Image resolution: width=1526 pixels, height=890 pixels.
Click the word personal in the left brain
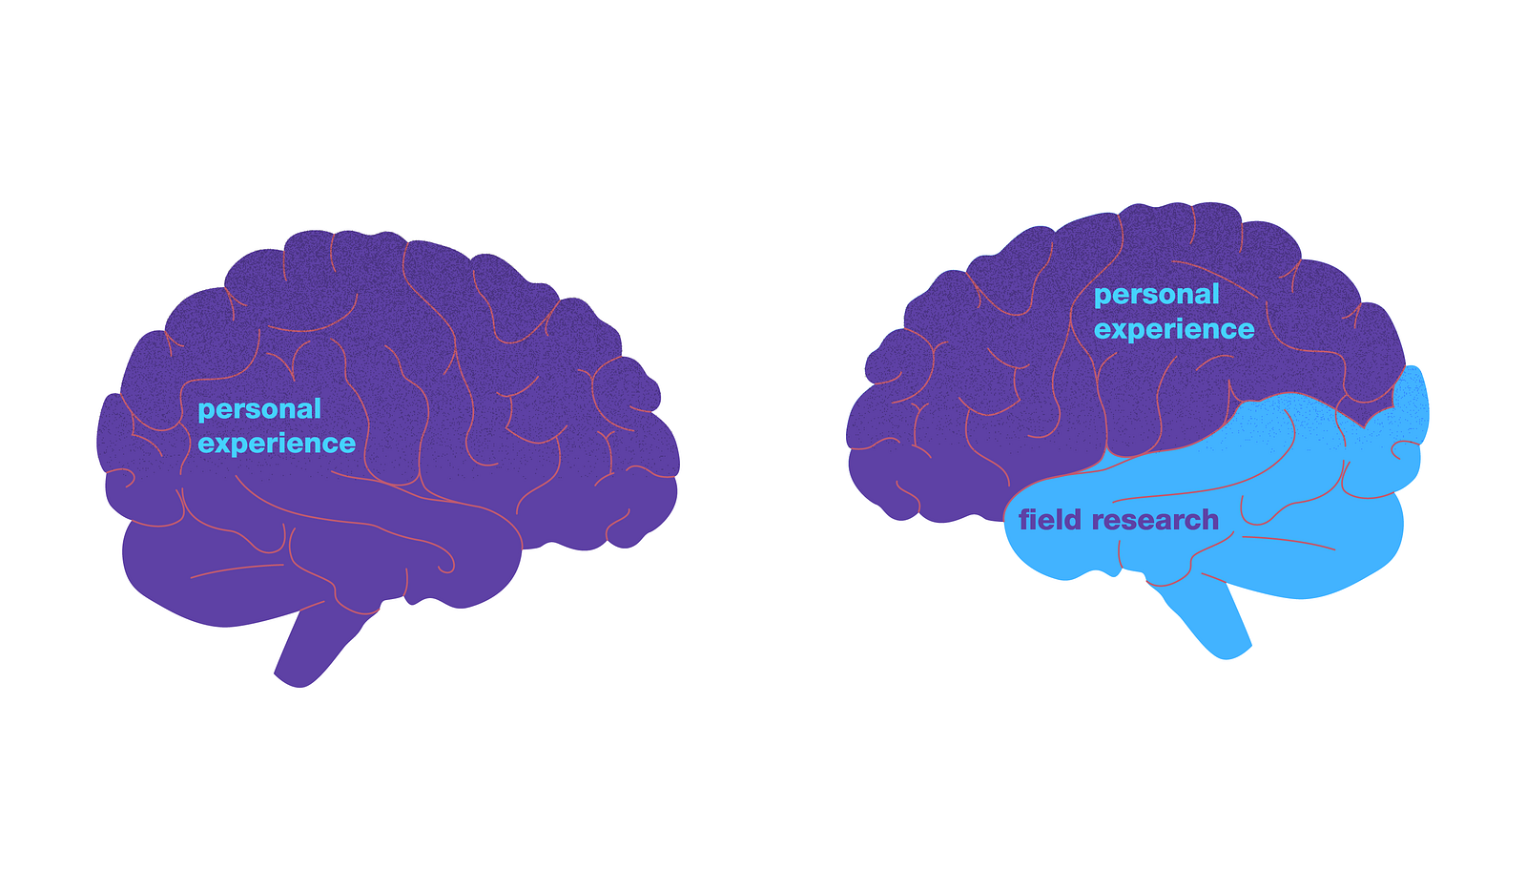tap(259, 409)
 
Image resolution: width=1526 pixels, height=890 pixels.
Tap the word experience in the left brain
tap(277, 444)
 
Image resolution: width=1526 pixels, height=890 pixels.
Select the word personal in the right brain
tap(1156, 295)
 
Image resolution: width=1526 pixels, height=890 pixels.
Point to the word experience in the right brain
tap(1174, 329)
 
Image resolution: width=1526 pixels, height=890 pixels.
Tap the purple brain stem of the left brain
tap(315, 649)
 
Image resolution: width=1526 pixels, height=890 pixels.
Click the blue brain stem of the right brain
tap(1206, 620)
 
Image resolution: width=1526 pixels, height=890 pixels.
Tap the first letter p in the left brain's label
tap(204, 411)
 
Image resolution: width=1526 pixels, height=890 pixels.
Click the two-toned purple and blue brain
tap(1135, 420)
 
